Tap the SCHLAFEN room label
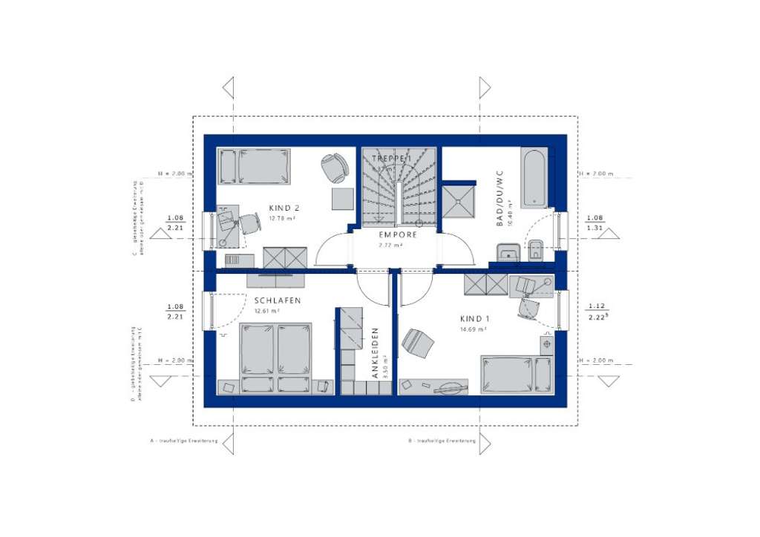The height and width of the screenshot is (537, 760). click(x=277, y=300)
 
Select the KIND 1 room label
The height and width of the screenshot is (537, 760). click(x=472, y=318)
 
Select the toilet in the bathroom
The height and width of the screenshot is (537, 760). click(x=536, y=251)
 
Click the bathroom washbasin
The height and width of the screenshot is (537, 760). click(x=508, y=253)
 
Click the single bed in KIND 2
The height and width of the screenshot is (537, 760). click(x=255, y=166)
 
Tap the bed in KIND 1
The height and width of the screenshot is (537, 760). click(x=517, y=374)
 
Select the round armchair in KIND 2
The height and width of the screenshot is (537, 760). click(x=335, y=167)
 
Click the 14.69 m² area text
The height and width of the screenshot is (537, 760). click(x=472, y=329)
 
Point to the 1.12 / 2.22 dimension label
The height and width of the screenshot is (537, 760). click(x=596, y=312)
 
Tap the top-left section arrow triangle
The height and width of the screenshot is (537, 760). click(x=229, y=88)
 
